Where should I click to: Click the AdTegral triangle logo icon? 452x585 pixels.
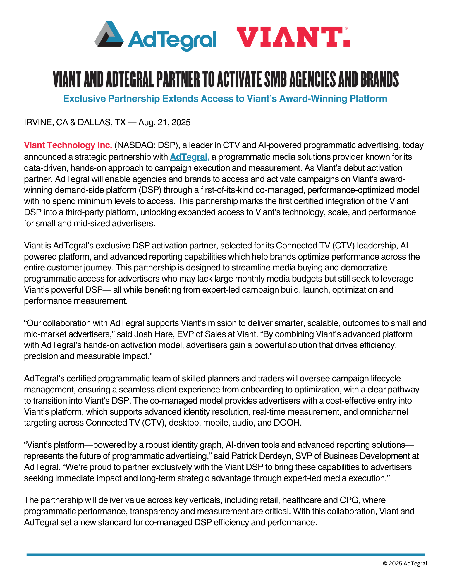pyautogui.click(x=109, y=35)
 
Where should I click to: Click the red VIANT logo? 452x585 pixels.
pyautogui.click(x=293, y=37)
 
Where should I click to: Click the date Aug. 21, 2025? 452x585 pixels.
pyautogui.click(x=164, y=122)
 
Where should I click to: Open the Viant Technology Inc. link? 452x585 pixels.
pyautogui.click(x=68, y=145)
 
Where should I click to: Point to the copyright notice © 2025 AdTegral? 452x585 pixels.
pyautogui.click(x=405, y=563)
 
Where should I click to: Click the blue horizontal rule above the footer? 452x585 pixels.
pyautogui.click(x=226, y=554)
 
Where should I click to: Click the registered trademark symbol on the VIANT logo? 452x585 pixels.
pyautogui.click(x=346, y=28)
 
